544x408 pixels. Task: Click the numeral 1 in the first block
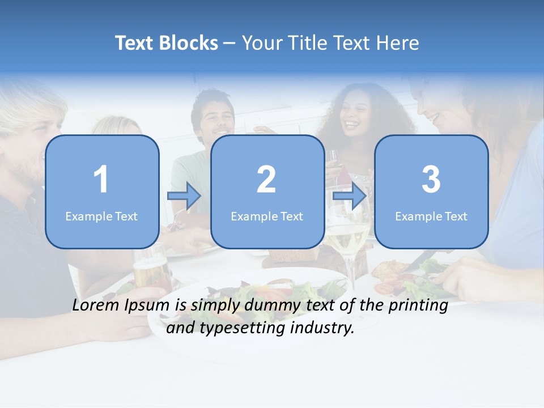point(101,180)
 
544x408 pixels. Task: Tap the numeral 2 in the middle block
point(266,180)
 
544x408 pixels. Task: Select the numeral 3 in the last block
point(431,180)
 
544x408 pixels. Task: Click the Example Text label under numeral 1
point(101,216)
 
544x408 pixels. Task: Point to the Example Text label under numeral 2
point(267,216)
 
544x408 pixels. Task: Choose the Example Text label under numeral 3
point(431,216)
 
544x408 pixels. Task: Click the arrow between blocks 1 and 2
point(184,195)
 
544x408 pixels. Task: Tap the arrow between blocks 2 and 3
point(350,195)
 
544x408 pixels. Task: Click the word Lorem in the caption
point(95,305)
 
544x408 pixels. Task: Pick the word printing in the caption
point(418,306)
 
